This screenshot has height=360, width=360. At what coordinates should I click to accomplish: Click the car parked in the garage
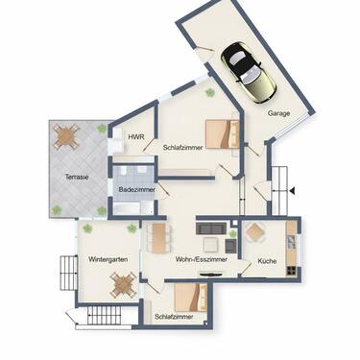pos(248,72)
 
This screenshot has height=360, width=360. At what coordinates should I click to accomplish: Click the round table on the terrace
pos(65,137)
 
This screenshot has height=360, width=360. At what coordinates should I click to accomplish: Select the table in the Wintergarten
pos(122,283)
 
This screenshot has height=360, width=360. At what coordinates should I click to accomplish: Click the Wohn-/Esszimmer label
pos(201,260)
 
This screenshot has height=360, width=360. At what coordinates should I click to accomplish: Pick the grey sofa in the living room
pos(212,228)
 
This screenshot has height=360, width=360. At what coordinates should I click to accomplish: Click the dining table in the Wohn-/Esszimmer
pos(158,237)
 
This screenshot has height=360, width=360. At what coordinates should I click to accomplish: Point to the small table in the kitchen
pos(256,231)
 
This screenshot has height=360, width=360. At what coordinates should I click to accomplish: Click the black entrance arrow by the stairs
pos(292,190)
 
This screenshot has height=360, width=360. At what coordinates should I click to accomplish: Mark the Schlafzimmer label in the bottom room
pos(174,316)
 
